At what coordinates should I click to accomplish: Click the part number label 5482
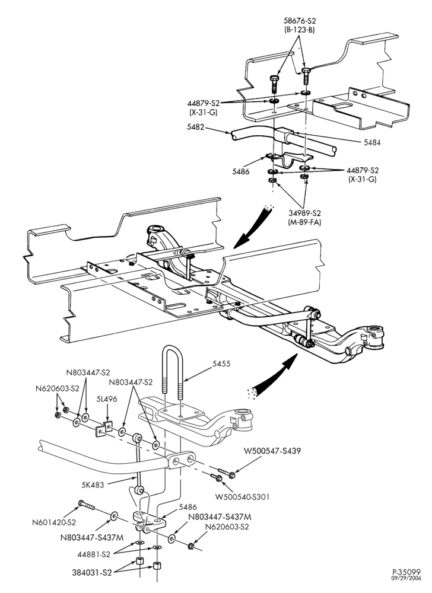(x=196, y=127)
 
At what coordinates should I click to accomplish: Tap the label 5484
(x=372, y=142)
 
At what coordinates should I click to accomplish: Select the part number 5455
(x=221, y=364)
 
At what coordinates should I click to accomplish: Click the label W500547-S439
(x=272, y=451)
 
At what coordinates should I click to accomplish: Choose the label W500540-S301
(x=242, y=496)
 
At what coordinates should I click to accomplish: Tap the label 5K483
(x=93, y=484)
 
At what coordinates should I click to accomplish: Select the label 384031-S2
(x=92, y=573)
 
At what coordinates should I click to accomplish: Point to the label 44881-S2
(x=94, y=555)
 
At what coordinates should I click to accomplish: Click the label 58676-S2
(x=300, y=21)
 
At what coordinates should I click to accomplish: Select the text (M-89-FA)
(x=304, y=222)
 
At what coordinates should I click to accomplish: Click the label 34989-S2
(x=304, y=213)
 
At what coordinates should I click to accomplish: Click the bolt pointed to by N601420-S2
(x=87, y=505)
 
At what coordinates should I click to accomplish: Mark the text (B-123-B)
(x=300, y=30)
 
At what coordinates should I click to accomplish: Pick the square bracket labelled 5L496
(x=104, y=429)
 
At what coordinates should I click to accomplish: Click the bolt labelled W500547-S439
(x=227, y=473)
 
